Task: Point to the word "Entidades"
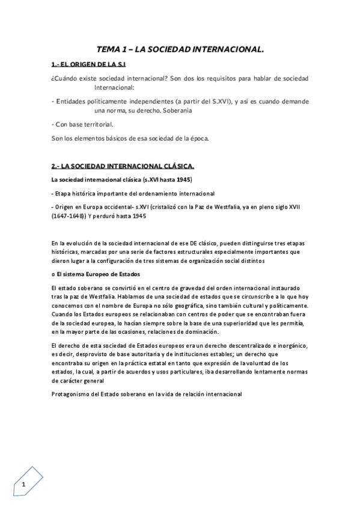(x=72, y=101)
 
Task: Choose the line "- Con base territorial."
(x=82, y=124)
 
